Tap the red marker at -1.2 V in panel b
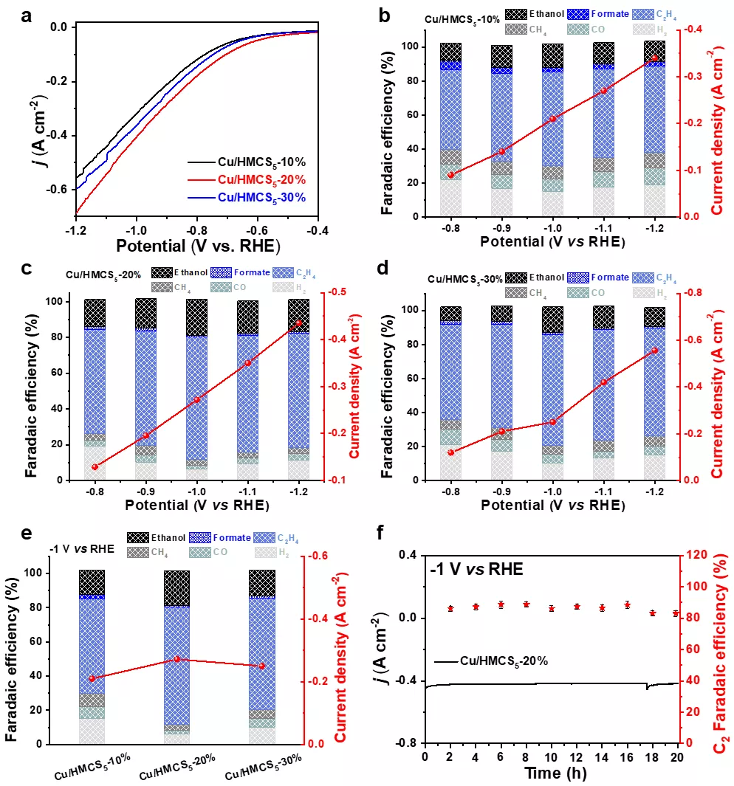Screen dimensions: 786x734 click(x=654, y=58)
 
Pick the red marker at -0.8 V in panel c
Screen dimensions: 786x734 click(x=95, y=466)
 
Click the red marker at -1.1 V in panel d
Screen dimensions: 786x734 click(x=603, y=382)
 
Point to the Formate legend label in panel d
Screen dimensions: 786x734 click(x=609, y=277)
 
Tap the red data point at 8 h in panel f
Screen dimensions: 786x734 click(x=527, y=604)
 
